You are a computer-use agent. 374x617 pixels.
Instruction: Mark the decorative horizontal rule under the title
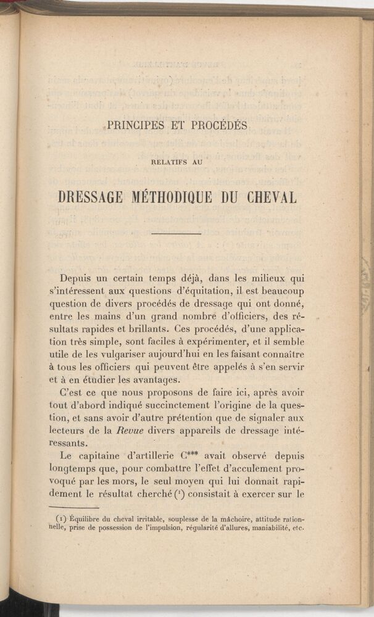[x=177, y=233]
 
